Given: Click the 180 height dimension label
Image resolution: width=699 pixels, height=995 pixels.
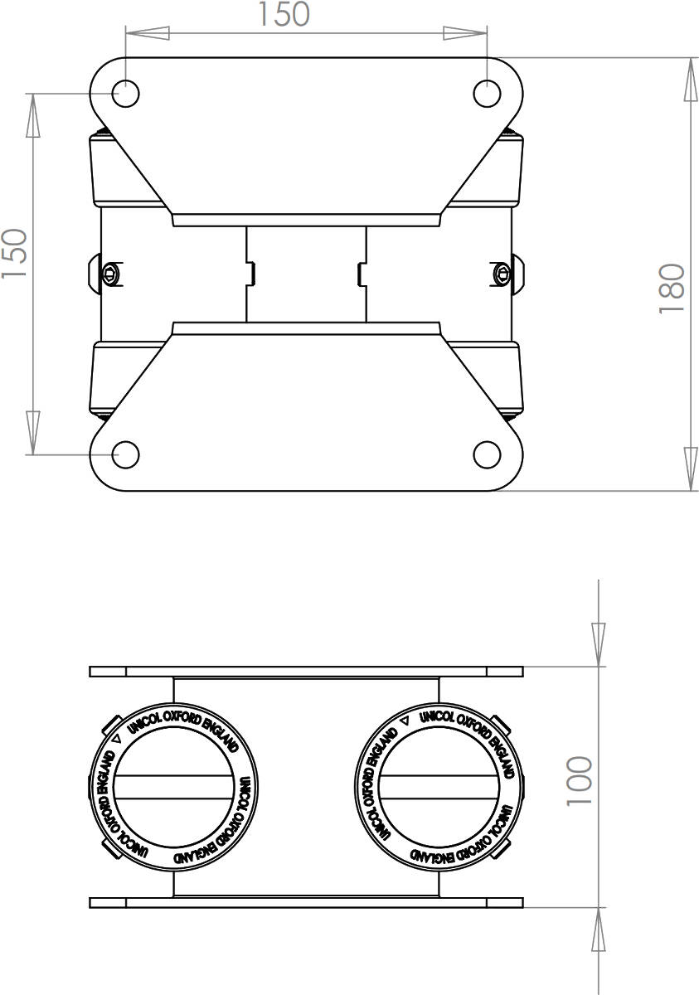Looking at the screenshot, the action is [x=671, y=289].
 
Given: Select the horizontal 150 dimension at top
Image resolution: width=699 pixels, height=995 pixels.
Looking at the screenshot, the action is [x=284, y=14].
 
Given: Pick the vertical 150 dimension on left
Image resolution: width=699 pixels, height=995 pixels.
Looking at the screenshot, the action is [x=15, y=254].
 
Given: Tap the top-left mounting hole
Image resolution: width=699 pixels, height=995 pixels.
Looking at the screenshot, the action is [x=126, y=94].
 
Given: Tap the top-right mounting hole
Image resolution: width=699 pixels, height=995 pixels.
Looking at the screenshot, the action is [x=487, y=94].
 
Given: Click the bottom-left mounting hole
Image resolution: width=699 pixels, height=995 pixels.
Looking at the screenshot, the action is [x=126, y=455].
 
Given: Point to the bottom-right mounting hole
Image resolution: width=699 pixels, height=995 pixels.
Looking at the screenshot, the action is [x=487, y=455].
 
